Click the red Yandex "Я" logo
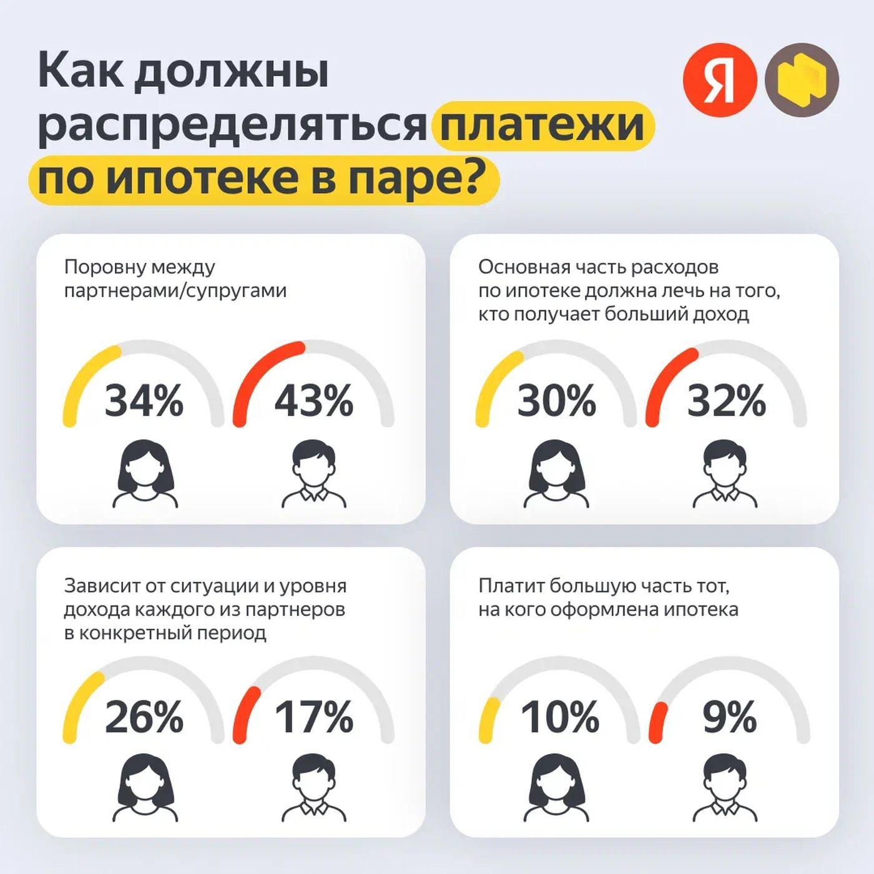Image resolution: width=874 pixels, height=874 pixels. click(x=720, y=80)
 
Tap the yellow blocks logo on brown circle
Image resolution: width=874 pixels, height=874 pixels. click(x=802, y=80)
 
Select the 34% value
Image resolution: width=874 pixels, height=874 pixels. click(x=144, y=401)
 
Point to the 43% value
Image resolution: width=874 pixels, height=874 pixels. click(x=313, y=401)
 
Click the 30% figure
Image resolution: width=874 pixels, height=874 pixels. click(x=556, y=401)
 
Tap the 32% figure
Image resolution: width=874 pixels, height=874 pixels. click(x=726, y=401)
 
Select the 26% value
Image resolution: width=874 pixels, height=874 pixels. click(x=144, y=717)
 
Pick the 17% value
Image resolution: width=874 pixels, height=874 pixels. click(x=313, y=717)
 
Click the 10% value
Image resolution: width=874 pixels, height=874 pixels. click(x=559, y=717)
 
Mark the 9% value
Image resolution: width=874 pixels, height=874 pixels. click(x=729, y=717)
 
